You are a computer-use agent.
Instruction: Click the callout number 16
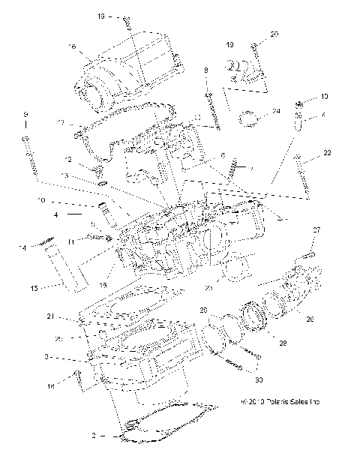(72, 46)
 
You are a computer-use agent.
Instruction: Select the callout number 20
(274, 34)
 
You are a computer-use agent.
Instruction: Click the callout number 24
(276, 111)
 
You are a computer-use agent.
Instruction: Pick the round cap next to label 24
(248, 117)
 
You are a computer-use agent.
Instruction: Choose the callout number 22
(327, 153)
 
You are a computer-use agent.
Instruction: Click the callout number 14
(22, 247)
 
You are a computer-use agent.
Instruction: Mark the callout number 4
(55, 215)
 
